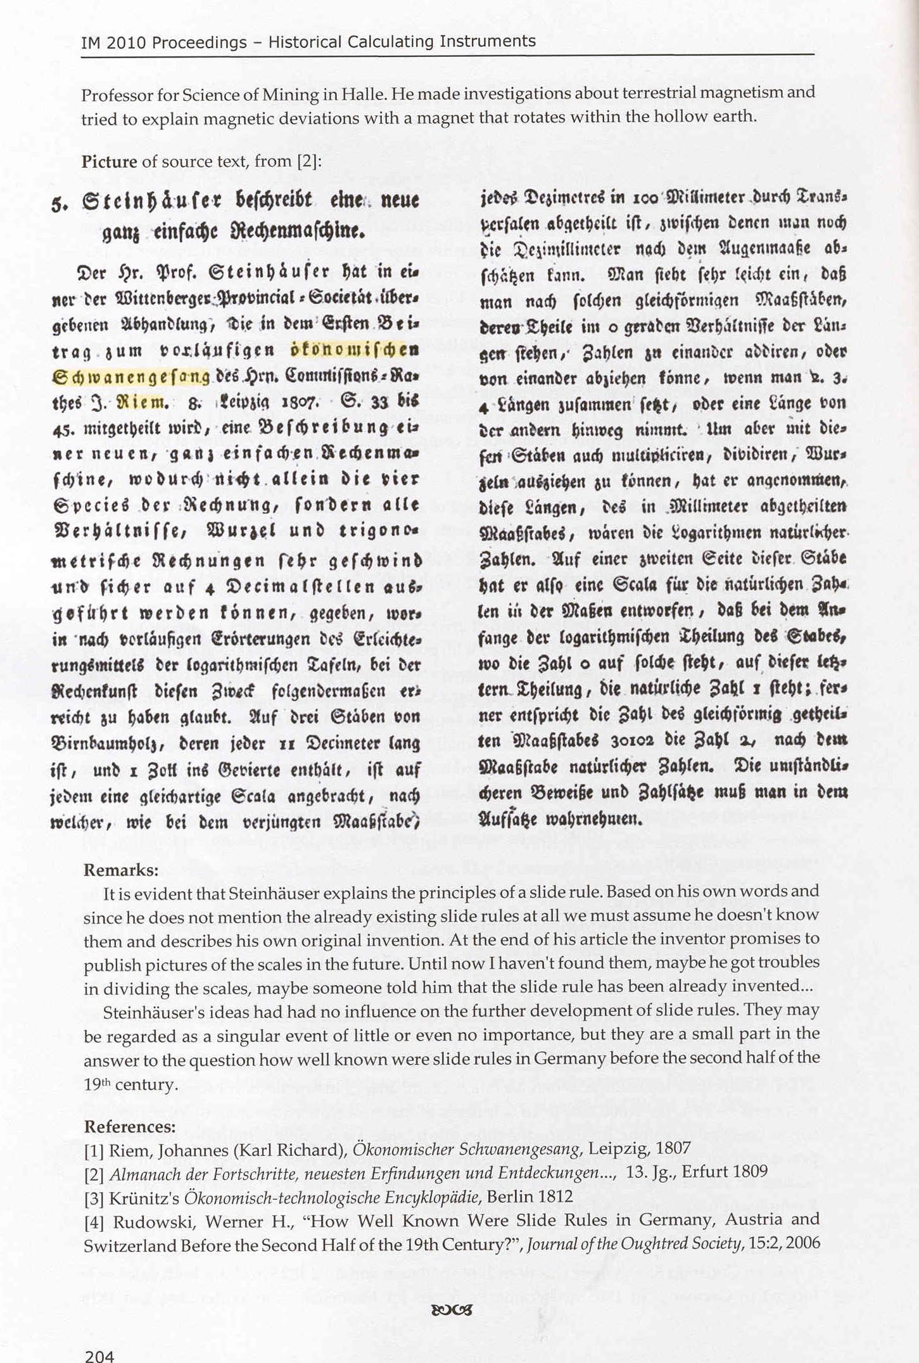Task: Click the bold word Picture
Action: (109, 162)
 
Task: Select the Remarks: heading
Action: (121, 870)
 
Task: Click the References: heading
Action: (130, 1127)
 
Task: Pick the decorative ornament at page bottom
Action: (452, 1310)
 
